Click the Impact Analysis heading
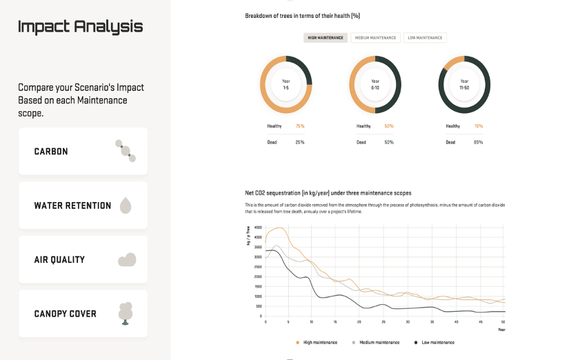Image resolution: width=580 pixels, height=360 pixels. pos(80,27)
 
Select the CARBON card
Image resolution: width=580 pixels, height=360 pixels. pos(83,151)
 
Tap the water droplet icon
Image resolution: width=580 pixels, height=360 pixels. pos(126,205)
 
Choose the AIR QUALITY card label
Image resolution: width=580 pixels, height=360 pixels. pos(59,259)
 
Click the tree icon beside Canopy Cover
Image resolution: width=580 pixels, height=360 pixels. pos(126,313)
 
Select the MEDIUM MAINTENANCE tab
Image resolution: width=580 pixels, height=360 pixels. pos(375,38)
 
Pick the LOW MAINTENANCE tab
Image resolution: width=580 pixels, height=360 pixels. pos(425,38)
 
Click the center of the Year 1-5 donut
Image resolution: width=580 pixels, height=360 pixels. pos(286,84)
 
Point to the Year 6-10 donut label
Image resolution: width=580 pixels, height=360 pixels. pos(375,84)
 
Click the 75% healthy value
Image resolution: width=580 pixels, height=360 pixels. pos(300,126)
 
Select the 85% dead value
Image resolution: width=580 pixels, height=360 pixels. pos(479,142)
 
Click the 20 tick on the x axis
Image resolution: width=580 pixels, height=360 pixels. pos(359,321)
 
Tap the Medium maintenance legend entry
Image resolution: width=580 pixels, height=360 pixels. pos(377,342)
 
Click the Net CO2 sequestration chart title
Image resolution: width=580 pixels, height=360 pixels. pos(328,193)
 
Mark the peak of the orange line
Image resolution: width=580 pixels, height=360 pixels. pos(277,228)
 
